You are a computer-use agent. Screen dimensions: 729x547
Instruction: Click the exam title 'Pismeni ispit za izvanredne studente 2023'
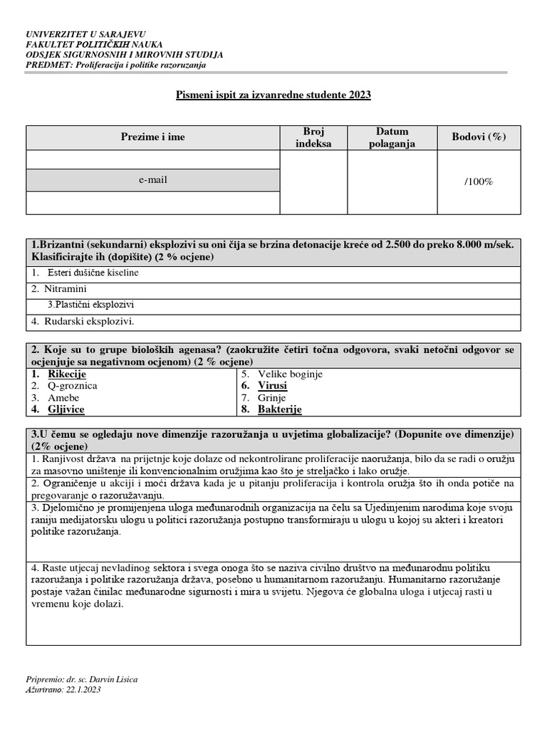273,94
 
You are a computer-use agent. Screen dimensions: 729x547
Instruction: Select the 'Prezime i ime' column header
152,137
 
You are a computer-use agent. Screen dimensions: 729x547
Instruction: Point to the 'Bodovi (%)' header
479,137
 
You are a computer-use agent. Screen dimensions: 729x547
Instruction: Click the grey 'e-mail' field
152,181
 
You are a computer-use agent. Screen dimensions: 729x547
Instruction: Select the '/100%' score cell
479,182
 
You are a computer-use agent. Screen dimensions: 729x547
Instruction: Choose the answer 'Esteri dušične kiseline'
93,273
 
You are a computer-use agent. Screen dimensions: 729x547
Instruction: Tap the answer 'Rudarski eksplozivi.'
90,321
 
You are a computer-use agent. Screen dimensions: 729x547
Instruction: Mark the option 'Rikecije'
67,374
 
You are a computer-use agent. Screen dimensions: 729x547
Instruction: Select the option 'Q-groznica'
72,386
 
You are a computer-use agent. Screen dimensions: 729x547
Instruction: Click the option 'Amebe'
63,398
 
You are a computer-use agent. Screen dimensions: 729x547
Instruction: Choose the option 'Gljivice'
66,410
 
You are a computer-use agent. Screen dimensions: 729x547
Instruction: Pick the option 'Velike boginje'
291,374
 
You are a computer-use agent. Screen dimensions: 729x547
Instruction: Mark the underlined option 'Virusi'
273,386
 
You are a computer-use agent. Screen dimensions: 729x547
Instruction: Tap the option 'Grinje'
272,398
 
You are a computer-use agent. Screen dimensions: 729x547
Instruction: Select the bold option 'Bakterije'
280,410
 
